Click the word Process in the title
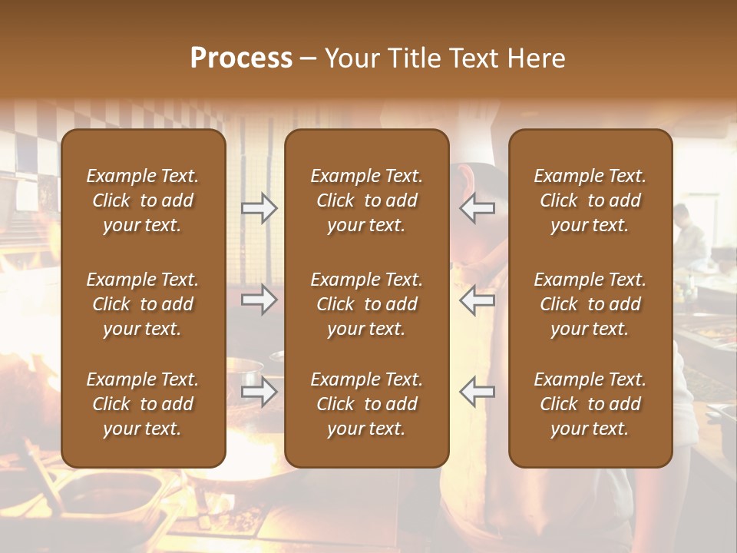241,58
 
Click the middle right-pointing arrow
259,300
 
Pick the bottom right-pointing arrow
259,392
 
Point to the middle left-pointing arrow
478,300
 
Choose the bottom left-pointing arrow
478,392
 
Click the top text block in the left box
143,200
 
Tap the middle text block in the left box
143,304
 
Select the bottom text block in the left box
143,404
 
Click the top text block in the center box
366,200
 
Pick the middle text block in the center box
366,304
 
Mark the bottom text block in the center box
366,404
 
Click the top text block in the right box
590,200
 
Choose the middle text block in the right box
590,304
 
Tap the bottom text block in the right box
590,404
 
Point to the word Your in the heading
349,58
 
